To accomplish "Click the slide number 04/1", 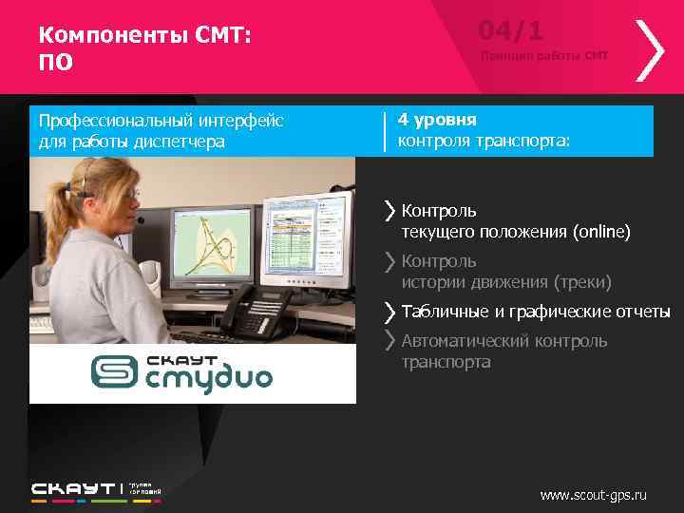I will coord(511,31).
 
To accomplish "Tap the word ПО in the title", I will coord(55,63).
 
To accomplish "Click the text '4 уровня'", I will coord(437,121).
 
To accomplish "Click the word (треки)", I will coord(582,282).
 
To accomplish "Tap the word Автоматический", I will coord(465,341).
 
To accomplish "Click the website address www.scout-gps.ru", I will coord(593,495).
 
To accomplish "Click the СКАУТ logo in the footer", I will coord(74,490).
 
